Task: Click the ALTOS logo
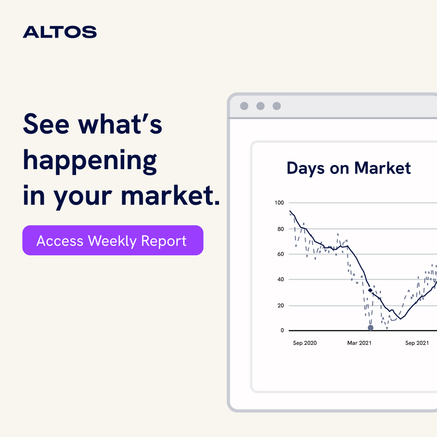click(59, 32)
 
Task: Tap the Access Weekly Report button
click(112, 240)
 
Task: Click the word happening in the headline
click(90, 161)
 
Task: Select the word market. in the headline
click(170, 195)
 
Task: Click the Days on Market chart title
click(348, 168)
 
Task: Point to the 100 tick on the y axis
click(280, 203)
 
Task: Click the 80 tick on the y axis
click(280, 229)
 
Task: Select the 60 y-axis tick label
click(280, 254)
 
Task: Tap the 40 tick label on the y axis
click(280, 280)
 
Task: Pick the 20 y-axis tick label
click(280, 305)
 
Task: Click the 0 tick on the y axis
click(282, 331)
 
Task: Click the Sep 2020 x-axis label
click(305, 343)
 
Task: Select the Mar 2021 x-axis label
click(359, 343)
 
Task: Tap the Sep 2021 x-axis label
click(417, 343)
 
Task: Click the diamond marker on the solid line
click(370, 291)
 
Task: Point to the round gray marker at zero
click(370, 328)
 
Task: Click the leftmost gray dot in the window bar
click(244, 106)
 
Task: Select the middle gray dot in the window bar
click(260, 106)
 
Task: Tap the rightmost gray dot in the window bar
click(276, 106)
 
